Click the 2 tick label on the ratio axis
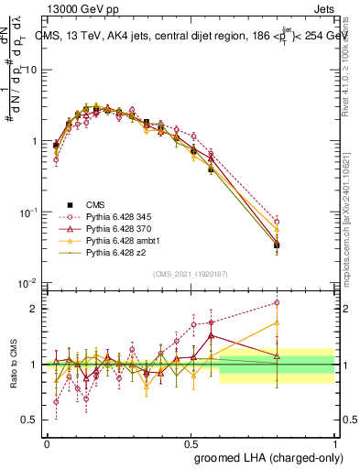tap(35, 309)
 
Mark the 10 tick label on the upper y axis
tap(31, 71)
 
